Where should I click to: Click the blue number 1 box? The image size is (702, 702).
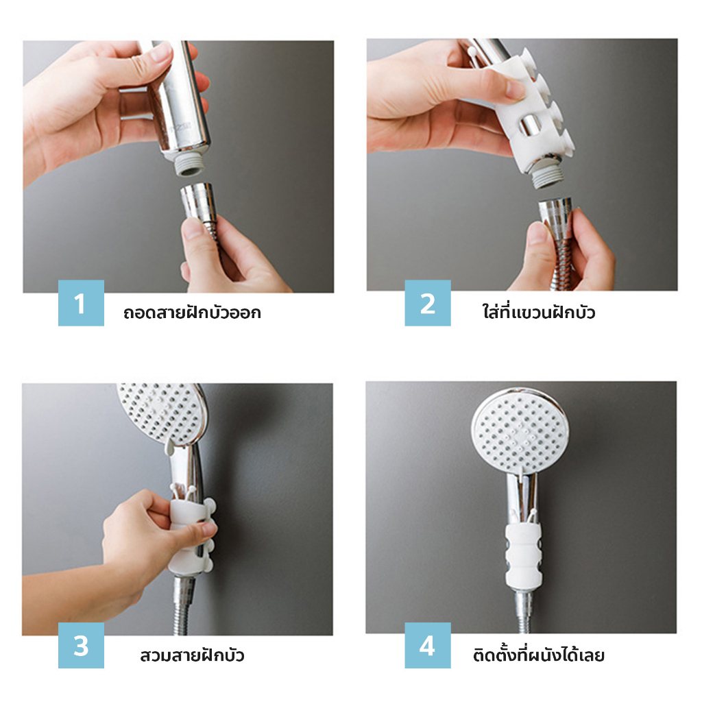tap(81, 303)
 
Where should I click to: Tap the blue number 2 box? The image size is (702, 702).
tap(428, 303)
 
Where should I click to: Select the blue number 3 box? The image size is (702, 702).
tap(81, 645)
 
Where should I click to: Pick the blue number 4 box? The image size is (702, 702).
tap(428, 645)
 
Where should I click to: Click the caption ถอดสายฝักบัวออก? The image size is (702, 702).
tap(192, 313)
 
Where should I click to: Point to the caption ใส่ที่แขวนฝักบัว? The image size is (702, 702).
tap(539, 312)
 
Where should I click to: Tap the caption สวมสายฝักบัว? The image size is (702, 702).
tap(192, 655)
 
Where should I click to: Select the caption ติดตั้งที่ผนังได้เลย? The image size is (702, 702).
tap(539, 655)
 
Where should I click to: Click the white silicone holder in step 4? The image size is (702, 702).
tap(523, 554)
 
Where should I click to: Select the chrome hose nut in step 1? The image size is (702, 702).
tap(199, 203)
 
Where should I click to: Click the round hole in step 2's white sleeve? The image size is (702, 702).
tap(529, 125)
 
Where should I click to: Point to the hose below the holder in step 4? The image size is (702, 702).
tap(524, 610)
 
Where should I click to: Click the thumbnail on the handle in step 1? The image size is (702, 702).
tap(161, 52)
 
